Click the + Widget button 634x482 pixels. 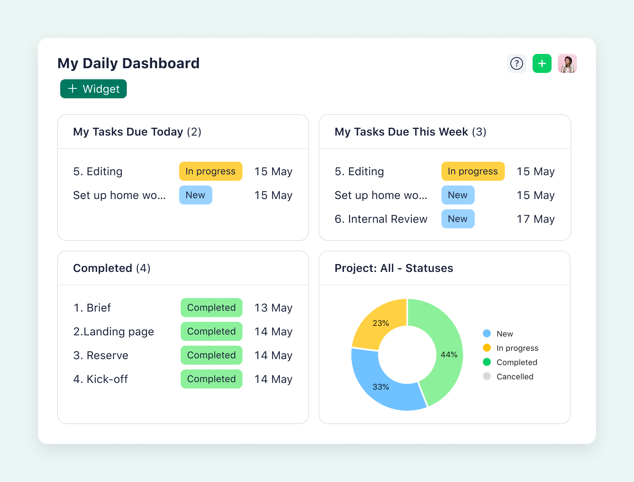pos(94,89)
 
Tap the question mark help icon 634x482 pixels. pos(516,63)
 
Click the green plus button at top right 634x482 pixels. pos(542,63)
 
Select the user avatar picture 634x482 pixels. pos(567,63)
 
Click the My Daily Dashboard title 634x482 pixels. pos(128,63)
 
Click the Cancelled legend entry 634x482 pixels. pos(514,377)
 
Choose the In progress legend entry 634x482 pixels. pos(517,348)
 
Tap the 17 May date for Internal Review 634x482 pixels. pos(535,219)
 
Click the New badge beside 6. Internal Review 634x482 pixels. pos(458,219)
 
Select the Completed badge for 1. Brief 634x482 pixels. pos(211,308)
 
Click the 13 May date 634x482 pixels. pos(273,308)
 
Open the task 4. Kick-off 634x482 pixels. pos(101,379)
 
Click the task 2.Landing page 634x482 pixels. pos(114,331)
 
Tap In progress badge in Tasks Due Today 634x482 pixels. pos(210,171)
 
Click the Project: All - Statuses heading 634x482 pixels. pos(393,268)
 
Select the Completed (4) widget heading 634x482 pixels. pos(112,268)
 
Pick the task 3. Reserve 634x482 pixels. pos(101,355)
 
